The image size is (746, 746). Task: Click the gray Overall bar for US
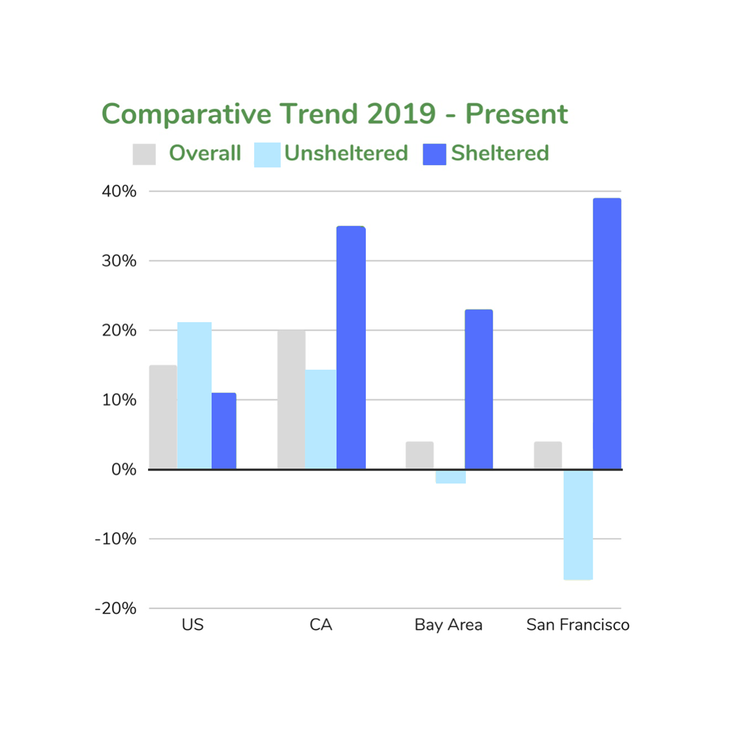(x=163, y=417)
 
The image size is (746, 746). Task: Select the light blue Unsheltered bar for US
(x=194, y=395)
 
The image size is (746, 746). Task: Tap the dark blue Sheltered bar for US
(x=224, y=431)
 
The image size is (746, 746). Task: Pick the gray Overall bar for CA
(x=291, y=399)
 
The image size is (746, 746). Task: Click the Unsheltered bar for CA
(x=321, y=419)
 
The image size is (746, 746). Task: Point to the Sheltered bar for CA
(x=351, y=347)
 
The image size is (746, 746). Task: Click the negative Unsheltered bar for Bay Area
(x=450, y=476)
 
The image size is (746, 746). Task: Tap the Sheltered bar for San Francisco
(x=607, y=333)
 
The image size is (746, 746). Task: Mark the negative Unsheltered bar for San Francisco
(x=578, y=524)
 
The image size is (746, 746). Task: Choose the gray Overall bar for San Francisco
(x=548, y=455)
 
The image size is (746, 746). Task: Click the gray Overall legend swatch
(x=144, y=154)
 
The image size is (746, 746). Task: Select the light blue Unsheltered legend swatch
(x=267, y=155)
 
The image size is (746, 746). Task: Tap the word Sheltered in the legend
(x=500, y=153)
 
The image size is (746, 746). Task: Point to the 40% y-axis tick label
(x=119, y=192)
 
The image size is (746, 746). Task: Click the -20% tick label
(x=116, y=609)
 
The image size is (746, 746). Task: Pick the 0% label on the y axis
(x=123, y=470)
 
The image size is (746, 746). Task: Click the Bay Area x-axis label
(x=448, y=625)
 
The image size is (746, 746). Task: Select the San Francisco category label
(x=578, y=625)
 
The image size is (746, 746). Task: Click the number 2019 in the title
(x=401, y=114)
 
